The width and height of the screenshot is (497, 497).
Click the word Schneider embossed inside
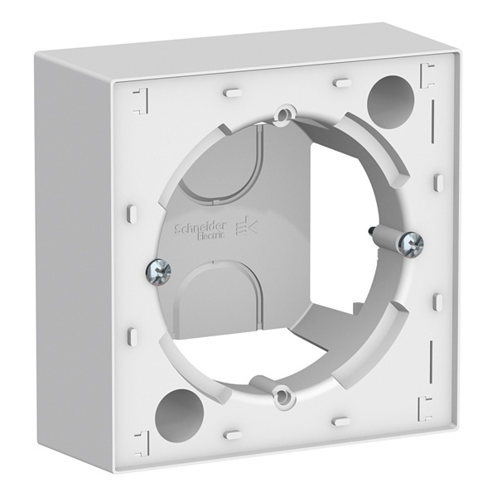200,227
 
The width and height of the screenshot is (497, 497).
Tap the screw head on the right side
412,244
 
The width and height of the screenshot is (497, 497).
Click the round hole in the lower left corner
179,412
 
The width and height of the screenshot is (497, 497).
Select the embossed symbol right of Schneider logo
246,225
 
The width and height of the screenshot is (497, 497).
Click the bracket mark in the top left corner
142,101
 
